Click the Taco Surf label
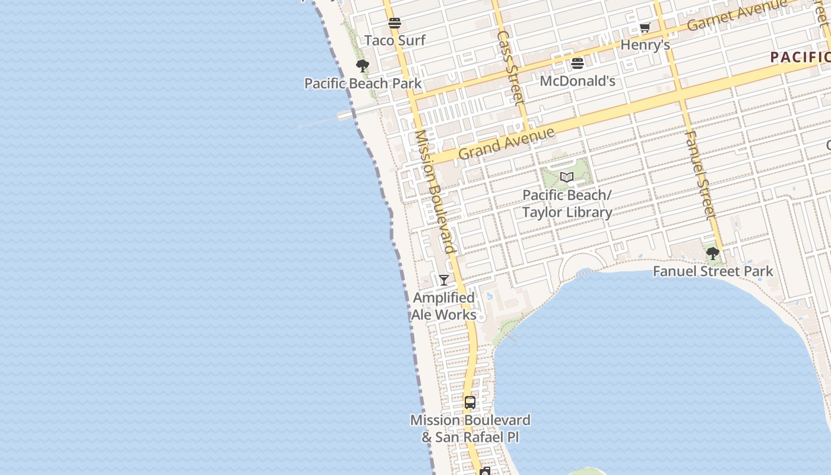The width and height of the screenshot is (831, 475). click(395, 40)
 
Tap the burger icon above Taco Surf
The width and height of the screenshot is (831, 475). click(395, 23)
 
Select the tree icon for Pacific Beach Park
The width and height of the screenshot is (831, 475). click(363, 66)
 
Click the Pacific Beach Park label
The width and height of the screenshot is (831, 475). click(363, 83)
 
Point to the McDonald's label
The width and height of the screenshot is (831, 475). click(577, 81)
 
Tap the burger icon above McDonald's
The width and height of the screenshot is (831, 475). click(578, 63)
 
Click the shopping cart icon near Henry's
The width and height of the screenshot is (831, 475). click(645, 27)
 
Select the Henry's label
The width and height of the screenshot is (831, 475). click(645, 45)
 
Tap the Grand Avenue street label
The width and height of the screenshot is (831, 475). click(506, 143)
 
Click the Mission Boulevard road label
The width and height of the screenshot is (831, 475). click(435, 191)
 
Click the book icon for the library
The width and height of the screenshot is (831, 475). click(567, 178)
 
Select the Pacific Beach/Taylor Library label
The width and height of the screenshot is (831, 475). click(567, 204)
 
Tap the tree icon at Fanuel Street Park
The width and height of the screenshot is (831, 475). click(712, 254)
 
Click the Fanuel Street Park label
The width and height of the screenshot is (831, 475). click(712, 271)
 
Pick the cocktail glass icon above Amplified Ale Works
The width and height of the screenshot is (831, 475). click(443, 280)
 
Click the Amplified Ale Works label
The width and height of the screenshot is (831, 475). click(444, 306)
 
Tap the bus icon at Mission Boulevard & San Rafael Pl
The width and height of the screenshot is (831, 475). click(470, 403)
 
